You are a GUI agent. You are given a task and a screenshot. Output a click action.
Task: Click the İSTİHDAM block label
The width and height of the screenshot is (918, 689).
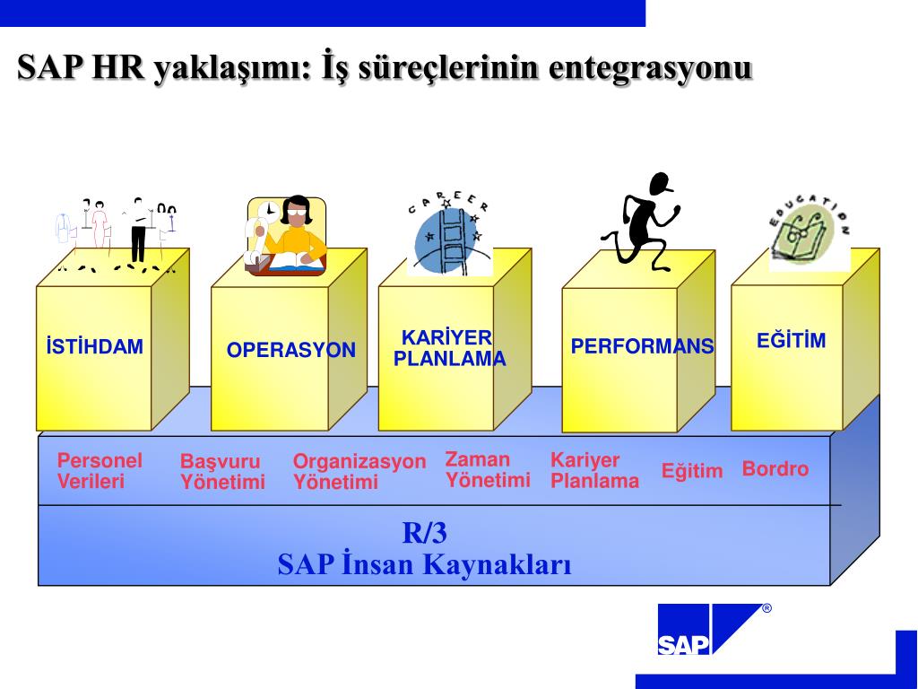(95, 347)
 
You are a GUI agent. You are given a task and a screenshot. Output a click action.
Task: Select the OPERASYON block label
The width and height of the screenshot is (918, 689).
(290, 351)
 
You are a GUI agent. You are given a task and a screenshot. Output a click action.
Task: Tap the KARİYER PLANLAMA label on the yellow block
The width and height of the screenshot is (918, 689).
(449, 349)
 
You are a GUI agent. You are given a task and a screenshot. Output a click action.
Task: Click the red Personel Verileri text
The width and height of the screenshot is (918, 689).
(100, 471)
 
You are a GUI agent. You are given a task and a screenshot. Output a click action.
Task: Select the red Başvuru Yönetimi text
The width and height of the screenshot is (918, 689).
(222, 472)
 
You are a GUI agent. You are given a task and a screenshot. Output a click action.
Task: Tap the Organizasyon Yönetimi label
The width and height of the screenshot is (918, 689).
(359, 472)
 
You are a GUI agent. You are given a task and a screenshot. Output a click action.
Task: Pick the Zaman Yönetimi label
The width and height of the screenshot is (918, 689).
(488, 469)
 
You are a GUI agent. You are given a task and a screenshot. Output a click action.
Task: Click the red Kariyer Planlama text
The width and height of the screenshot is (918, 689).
(594, 471)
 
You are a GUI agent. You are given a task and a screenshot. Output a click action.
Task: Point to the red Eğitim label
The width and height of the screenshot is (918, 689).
(692, 471)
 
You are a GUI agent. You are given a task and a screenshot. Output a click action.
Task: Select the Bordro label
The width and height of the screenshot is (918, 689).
(775, 469)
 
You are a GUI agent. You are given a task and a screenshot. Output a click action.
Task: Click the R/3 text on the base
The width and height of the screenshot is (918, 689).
(424, 533)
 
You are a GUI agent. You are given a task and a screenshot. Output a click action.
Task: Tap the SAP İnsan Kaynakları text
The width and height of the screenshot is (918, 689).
(424, 564)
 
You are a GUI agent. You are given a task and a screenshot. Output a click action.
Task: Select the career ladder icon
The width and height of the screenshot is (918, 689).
(450, 233)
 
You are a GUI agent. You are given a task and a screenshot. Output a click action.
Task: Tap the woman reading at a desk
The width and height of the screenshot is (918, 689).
(287, 236)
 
